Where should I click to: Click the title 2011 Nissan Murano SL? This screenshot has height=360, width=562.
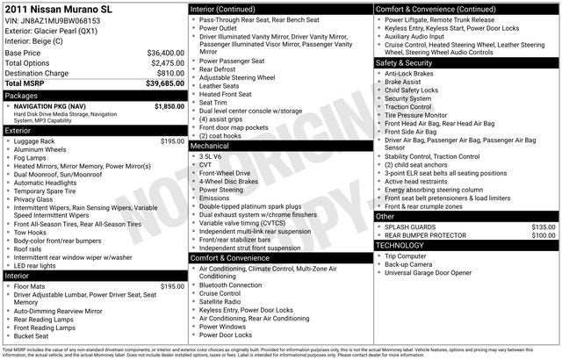point(58,9)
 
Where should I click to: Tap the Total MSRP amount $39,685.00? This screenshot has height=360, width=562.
point(164,84)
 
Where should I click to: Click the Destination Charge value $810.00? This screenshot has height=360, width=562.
point(168,74)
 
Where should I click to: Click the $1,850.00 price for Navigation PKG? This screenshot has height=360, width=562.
point(169,106)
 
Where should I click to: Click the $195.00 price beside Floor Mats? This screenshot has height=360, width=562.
point(172,286)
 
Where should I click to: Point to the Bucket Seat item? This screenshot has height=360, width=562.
point(32,335)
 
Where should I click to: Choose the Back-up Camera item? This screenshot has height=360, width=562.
point(407,263)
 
